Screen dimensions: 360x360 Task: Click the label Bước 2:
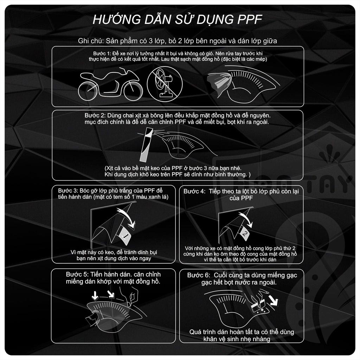click(x=93, y=116)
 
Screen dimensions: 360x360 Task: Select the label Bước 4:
click(x=194, y=192)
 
